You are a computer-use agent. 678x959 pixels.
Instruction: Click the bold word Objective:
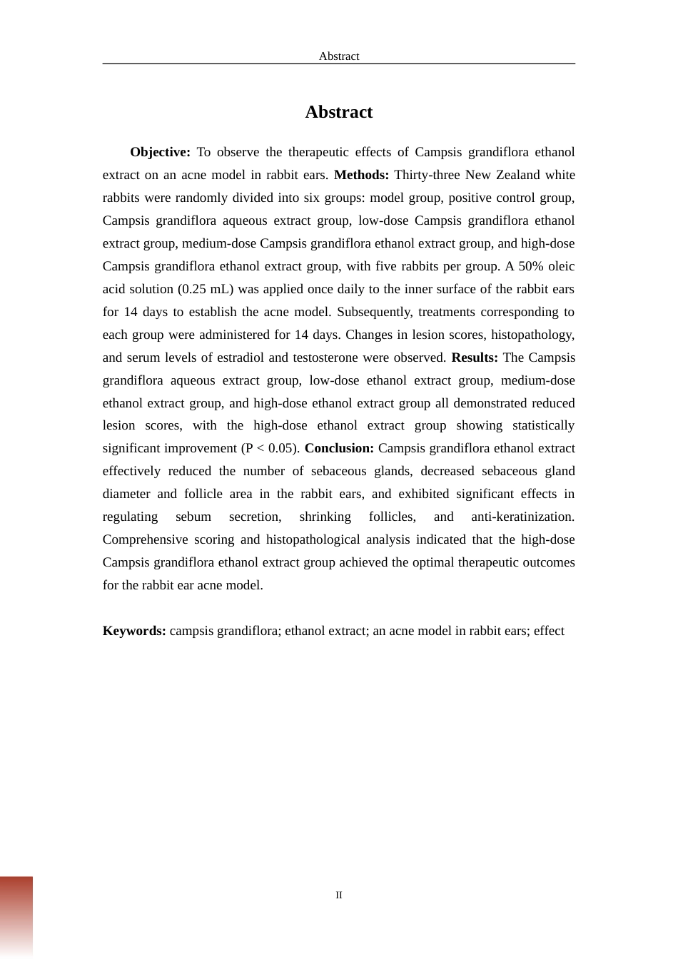pyautogui.click(x=160, y=152)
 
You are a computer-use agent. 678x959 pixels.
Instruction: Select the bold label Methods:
pyautogui.click(x=361, y=175)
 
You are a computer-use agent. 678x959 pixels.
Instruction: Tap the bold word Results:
pyautogui.click(x=475, y=357)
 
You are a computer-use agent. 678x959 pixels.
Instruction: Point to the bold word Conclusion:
pyautogui.click(x=339, y=448)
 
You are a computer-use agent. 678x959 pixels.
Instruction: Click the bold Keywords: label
pyautogui.click(x=134, y=631)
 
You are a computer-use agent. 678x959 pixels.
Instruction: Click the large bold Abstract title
pyautogui.click(x=339, y=112)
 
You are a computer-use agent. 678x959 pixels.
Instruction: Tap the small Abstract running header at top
pyautogui.click(x=339, y=56)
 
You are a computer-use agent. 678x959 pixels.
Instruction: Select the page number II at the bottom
pyautogui.click(x=339, y=895)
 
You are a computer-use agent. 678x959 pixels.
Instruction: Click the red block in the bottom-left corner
pyautogui.click(x=16, y=917)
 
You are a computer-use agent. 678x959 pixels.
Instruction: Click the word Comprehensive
pyautogui.click(x=144, y=539)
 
